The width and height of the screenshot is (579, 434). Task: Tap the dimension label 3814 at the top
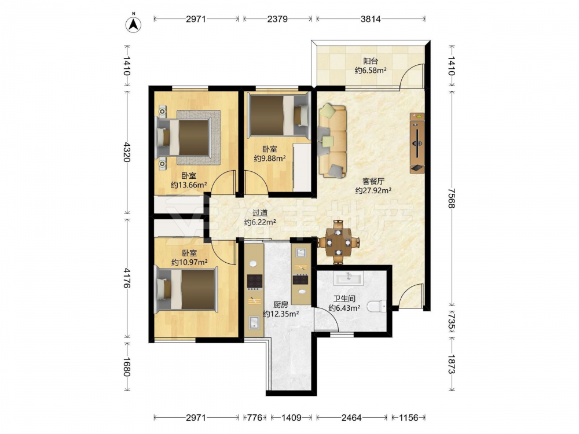click(371, 19)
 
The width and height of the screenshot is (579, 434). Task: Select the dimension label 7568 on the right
click(451, 198)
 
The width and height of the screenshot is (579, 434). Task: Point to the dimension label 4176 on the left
click(127, 278)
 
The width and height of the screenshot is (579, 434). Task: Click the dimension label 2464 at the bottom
click(351, 417)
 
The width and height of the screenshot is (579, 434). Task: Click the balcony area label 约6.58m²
click(371, 70)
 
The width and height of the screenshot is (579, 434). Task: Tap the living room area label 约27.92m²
click(373, 190)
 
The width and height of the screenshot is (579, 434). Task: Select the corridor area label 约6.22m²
click(261, 222)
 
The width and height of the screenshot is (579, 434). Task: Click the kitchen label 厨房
click(281, 305)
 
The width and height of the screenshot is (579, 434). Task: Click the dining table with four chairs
click(338, 242)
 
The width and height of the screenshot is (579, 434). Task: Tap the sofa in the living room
click(332, 141)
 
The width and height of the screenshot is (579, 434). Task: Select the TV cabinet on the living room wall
click(417, 143)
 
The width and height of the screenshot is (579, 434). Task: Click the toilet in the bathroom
click(378, 306)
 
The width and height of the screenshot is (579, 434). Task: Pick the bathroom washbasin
click(348, 278)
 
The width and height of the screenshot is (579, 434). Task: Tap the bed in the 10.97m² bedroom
click(186, 289)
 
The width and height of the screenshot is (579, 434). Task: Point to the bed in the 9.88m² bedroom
click(278, 115)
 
